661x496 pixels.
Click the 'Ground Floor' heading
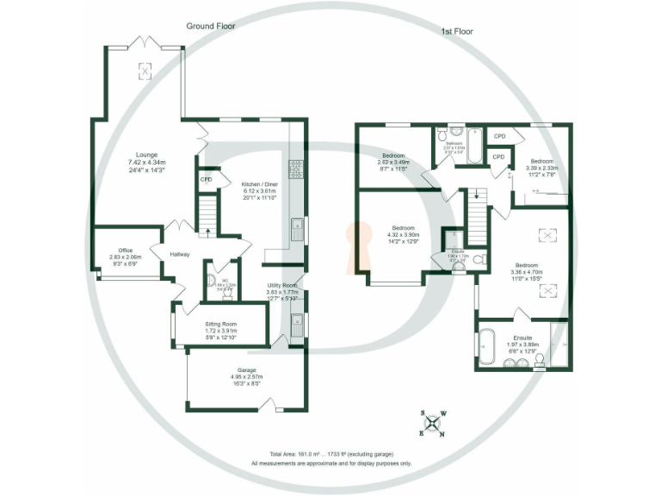pos(211,27)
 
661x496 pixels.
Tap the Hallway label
pos(180,254)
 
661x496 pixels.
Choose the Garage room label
pos(244,375)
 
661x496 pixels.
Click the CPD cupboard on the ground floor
pos(207,180)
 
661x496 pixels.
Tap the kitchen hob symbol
pos(296,168)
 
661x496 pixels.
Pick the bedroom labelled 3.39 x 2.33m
pos(542,167)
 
